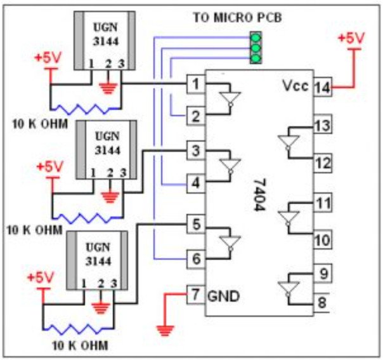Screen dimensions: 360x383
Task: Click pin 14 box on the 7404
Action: point(322,88)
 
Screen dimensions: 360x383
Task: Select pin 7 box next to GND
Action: point(195,294)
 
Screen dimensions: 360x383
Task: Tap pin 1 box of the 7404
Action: point(195,83)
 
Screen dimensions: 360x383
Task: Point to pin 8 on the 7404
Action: point(322,302)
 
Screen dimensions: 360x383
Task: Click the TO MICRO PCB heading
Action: point(238,17)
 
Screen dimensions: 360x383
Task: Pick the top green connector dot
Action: point(256,37)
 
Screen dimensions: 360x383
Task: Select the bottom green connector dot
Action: point(256,58)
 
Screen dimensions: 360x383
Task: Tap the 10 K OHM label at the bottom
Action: point(80,346)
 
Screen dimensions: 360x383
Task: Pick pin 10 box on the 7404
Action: point(322,239)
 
